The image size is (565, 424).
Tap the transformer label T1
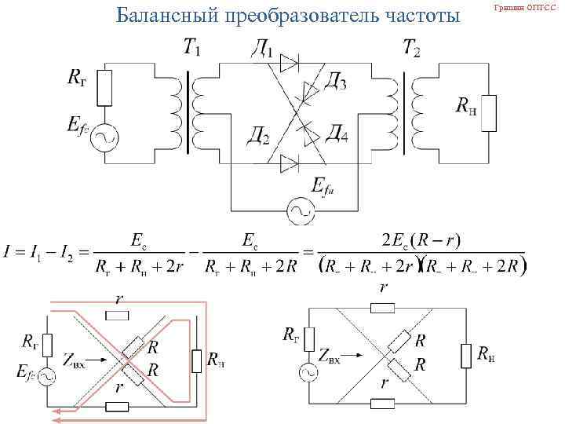coord(191,49)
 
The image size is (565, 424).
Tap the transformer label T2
coord(411,49)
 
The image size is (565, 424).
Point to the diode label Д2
coord(256,139)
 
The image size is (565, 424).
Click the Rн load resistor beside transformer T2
coord(490,112)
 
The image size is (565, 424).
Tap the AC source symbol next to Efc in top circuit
coord(104,139)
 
